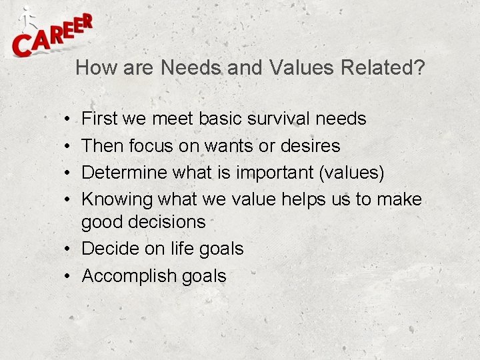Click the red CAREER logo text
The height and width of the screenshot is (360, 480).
[x=52, y=38]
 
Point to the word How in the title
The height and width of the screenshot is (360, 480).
[x=93, y=67]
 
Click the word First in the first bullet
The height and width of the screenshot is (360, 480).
[x=99, y=119]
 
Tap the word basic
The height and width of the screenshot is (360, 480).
[x=219, y=119]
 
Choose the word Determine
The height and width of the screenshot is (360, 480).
[x=125, y=173]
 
